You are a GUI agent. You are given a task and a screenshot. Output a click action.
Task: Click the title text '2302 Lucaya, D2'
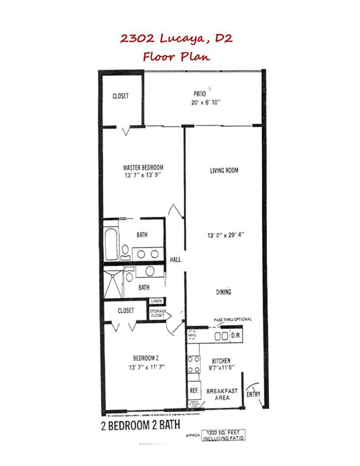point(180,39)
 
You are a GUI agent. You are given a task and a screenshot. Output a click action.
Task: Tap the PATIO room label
point(201,94)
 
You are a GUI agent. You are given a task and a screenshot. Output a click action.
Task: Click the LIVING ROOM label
point(223,171)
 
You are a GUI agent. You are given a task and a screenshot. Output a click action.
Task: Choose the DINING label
point(223,292)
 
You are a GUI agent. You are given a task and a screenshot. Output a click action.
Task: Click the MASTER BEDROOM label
point(143,167)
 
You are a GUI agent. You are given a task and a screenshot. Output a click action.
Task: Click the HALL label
point(175,260)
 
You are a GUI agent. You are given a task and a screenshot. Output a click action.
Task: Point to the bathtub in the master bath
point(110,243)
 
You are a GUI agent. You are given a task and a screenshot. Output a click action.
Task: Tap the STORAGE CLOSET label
point(158,313)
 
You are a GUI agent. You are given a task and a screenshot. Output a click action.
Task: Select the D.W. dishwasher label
point(236,336)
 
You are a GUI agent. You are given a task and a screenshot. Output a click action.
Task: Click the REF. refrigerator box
point(194,390)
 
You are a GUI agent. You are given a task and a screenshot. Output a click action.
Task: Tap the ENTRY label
point(254,395)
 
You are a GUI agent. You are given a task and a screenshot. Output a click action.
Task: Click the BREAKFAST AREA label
point(223,395)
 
